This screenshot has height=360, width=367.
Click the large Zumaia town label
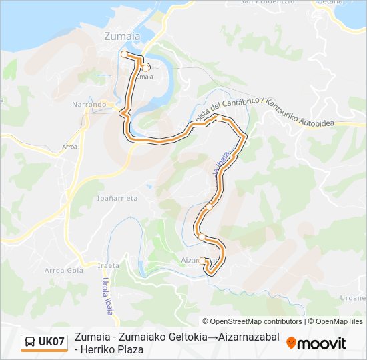click(122, 37)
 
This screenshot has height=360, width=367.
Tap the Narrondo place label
click(89, 105)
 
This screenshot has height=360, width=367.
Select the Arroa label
click(69, 146)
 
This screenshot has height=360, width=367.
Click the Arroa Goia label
click(63, 270)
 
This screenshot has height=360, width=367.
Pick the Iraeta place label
click(108, 265)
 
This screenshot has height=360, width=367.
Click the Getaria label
click(353, 3)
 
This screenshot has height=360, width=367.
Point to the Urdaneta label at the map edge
click(354, 298)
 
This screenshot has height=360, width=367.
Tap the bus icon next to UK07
click(30, 343)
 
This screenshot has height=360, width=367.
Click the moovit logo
click(316, 343)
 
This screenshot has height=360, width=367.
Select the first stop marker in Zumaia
click(124, 54)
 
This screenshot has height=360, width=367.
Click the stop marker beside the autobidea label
click(219, 119)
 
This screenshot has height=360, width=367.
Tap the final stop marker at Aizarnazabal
click(202, 261)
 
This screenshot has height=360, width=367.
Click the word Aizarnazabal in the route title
click(245, 337)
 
